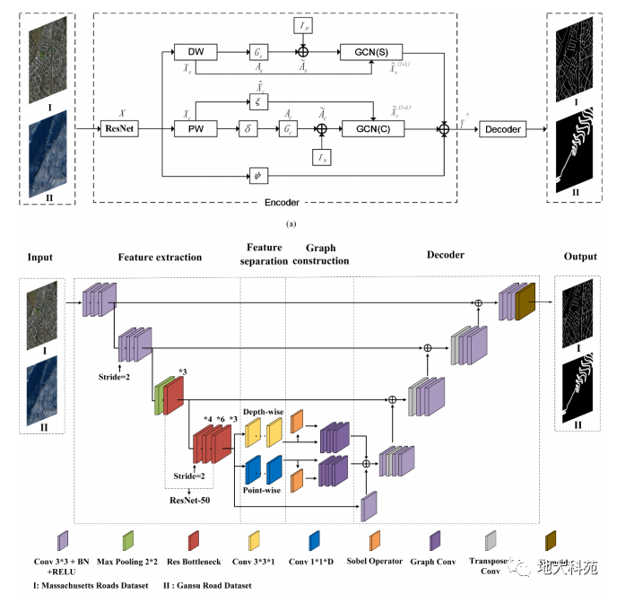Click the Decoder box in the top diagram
click(x=502, y=129)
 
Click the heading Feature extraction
click(x=160, y=257)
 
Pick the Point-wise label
click(x=261, y=491)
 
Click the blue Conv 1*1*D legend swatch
click(x=314, y=538)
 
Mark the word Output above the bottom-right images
click(x=580, y=257)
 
